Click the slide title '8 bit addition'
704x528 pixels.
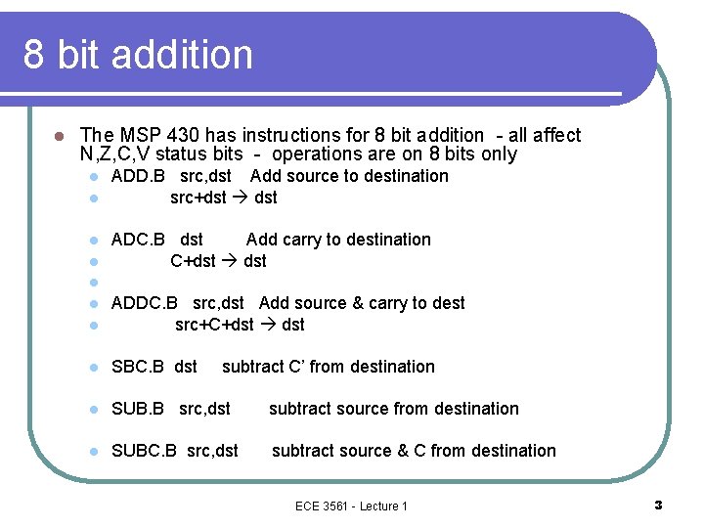[138, 54]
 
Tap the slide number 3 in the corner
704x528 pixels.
[658, 505]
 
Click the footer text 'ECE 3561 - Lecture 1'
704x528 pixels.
[351, 506]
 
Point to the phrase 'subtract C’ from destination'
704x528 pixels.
[329, 367]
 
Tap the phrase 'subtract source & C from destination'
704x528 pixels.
[414, 451]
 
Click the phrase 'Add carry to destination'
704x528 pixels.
[338, 240]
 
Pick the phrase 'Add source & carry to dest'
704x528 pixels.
[362, 303]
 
